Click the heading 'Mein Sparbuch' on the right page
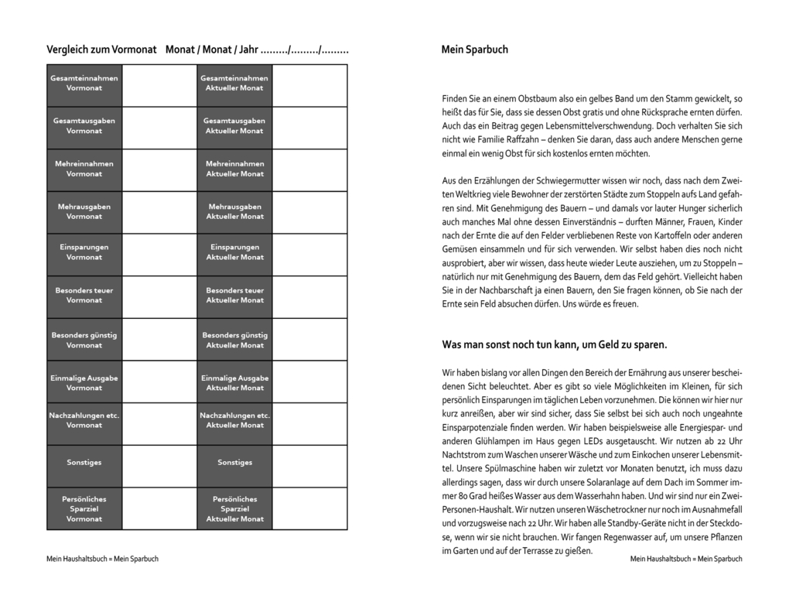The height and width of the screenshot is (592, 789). (474, 50)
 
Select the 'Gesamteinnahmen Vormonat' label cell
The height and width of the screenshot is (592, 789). (84, 84)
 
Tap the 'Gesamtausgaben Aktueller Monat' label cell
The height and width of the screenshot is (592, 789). (234, 126)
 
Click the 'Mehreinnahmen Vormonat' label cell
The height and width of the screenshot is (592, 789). (84, 169)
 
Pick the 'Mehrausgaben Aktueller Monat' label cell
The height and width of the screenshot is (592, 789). (234, 211)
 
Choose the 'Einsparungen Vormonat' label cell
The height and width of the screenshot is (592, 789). (84, 252)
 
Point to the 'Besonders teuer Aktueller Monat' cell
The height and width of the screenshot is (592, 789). (234, 296)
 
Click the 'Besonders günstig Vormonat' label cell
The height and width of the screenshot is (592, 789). (84, 340)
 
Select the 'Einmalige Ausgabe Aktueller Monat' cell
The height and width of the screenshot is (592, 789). (234, 383)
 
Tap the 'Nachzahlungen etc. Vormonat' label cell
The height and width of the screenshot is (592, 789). (84, 420)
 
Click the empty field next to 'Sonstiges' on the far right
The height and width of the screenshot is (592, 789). (309, 463)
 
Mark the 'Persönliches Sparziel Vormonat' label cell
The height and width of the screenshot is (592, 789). (84, 508)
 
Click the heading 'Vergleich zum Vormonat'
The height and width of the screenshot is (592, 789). (101, 50)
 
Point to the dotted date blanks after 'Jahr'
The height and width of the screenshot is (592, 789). (305, 50)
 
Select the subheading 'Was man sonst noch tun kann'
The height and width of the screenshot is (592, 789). (554, 344)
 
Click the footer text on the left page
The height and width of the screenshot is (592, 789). (102, 559)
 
